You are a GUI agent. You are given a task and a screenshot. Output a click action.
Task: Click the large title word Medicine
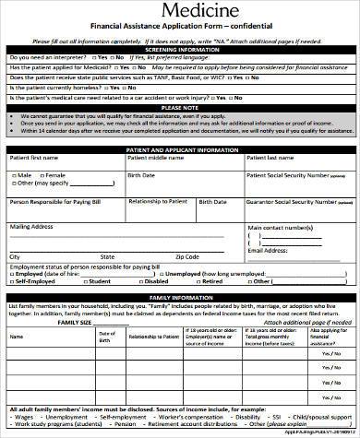(180, 10)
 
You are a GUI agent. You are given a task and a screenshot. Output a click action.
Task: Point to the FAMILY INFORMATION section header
(180, 298)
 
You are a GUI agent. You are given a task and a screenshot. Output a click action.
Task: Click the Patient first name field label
(36, 159)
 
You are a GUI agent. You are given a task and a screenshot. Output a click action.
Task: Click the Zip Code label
(187, 256)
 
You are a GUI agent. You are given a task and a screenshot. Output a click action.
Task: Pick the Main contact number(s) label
(285, 225)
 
